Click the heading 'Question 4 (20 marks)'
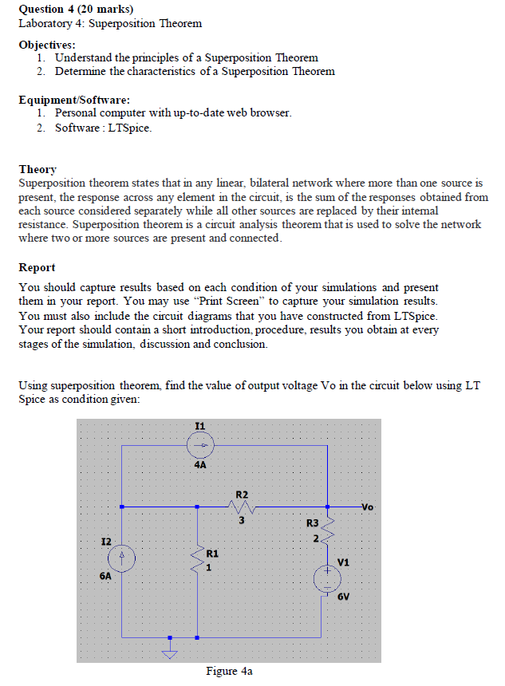[76, 9]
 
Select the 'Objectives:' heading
[48, 44]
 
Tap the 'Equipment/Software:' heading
[74, 100]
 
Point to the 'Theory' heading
[37, 169]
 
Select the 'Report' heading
[37, 267]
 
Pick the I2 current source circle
[121, 556]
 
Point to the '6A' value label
[105, 576]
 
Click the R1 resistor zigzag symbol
[198, 559]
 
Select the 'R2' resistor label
[242, 495]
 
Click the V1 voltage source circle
[327, 578]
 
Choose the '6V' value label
[343, 597]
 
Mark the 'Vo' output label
[366, 506]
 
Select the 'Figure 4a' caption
[229, 672]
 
